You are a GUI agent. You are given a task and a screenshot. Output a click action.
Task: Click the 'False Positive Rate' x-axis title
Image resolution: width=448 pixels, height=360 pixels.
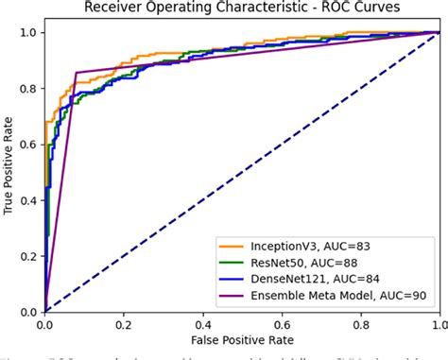click(241, 338)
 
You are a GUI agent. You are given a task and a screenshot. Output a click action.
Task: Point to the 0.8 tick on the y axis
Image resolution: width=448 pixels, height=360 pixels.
click(27, 89)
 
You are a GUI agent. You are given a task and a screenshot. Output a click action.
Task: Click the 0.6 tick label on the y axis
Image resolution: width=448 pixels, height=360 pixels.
click(27, 145)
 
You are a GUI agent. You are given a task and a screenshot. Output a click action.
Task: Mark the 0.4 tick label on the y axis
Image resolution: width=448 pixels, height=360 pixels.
click(27, 200)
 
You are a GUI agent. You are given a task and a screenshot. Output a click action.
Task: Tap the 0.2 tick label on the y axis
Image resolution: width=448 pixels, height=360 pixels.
click(27, 256)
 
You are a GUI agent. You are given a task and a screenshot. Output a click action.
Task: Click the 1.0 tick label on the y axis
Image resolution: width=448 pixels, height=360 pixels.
click(27, 33)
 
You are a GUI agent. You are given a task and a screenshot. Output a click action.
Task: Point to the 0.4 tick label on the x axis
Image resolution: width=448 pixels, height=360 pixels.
click(202, 323)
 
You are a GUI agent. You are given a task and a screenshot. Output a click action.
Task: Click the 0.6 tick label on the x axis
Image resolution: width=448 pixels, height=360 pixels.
click(281, 323)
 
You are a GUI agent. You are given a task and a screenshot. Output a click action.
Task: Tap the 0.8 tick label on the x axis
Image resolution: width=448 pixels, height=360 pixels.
click(359, 323)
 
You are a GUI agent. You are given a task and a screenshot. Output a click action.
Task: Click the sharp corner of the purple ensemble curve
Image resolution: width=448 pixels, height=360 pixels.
click(77, 72)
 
